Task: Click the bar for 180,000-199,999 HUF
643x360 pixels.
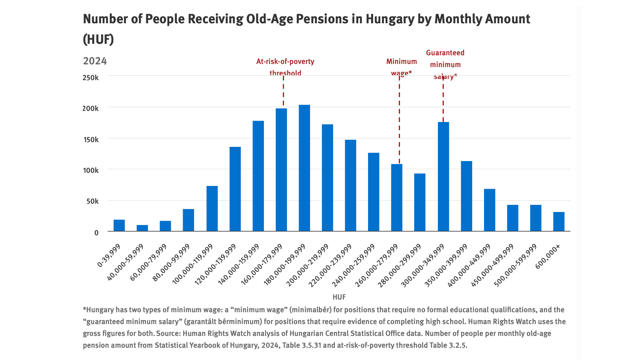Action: coord(304,168)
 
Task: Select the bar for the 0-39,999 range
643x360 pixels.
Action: coord(119,225)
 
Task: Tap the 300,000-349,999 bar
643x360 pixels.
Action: coord(443,176)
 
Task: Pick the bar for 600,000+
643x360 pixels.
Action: coord(559,221)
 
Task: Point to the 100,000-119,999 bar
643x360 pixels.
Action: coord(212,208)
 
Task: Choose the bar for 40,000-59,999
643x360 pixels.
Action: coord(142,228)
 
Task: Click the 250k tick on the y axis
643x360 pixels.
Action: coord(91,78)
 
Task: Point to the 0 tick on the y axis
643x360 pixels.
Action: coord(96,232)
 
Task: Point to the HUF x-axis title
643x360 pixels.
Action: coord(339,297)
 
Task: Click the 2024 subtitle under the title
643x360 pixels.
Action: coord(95,61)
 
